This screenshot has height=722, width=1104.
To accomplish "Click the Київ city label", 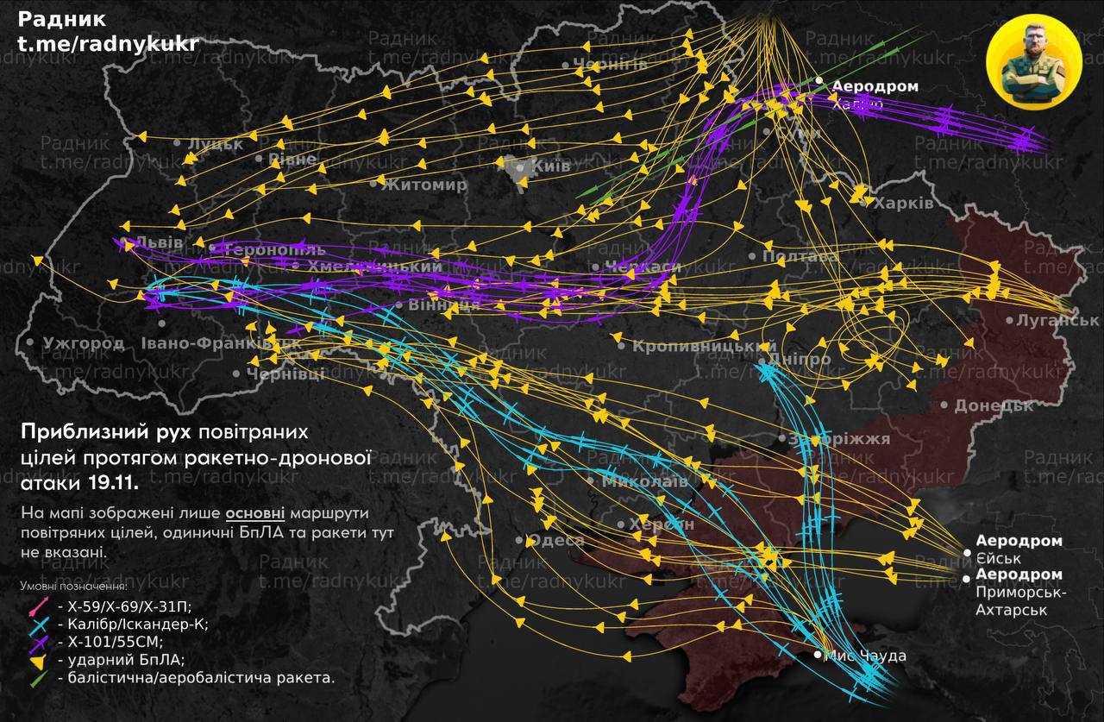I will tap(551, 166).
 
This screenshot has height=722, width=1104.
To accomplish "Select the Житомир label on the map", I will tap(425, 184).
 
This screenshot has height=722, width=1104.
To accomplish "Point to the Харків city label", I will tap(903, 204).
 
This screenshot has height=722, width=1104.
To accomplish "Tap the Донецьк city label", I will tap(993, 405).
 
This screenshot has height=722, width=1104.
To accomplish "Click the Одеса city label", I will tap(555, 541).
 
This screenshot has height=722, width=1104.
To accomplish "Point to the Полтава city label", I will tap(800, 257).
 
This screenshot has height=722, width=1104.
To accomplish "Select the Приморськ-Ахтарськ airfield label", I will tap(1019, 593).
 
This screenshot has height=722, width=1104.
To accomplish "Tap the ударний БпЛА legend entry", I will tap(108, 661).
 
